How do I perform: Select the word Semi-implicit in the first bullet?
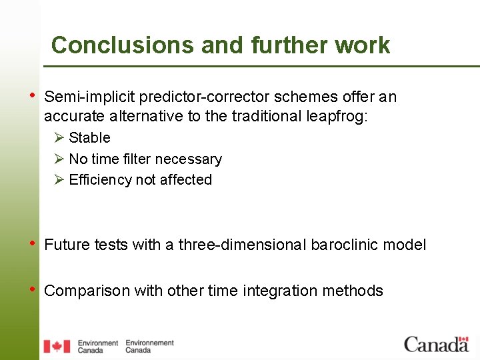pos(89,97)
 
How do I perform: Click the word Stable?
pos(89,138)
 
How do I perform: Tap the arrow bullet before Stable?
pos(59,137)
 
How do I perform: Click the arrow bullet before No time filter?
pos(59,159)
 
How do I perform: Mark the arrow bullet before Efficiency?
pos(59,179)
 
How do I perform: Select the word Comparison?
pos(87,291)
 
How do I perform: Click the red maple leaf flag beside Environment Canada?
pos(57,346)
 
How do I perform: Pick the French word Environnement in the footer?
pos(149,343)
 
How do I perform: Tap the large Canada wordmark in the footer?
pos(437,344)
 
